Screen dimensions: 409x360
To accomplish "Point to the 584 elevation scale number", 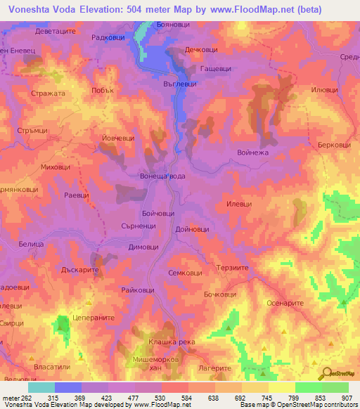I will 187,397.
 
